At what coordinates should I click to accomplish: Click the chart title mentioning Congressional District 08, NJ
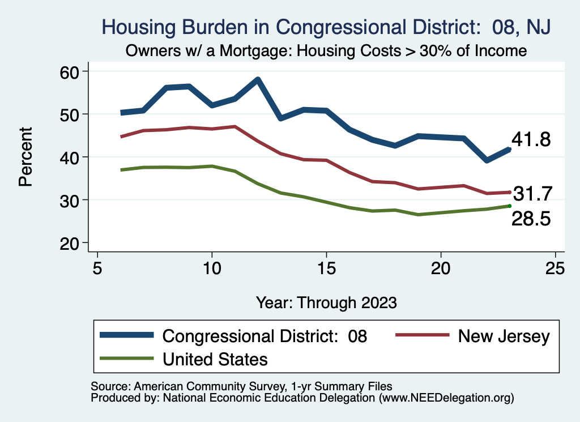point(326,27)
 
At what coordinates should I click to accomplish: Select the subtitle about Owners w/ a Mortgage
point(326,51)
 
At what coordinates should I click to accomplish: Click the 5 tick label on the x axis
point(97,268)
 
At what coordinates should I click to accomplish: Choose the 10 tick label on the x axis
point(212,268)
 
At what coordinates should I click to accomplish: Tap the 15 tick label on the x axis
point(326,268)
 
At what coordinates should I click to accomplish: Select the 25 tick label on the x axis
point(555,268)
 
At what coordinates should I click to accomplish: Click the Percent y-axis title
point(25,157)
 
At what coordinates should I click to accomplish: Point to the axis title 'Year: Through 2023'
point(326,302)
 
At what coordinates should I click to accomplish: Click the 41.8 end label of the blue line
point(531,140)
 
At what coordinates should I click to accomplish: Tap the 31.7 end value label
point(532,194)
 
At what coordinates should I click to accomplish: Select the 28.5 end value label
point(531,219)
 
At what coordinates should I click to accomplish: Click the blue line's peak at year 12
point(258,80)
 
